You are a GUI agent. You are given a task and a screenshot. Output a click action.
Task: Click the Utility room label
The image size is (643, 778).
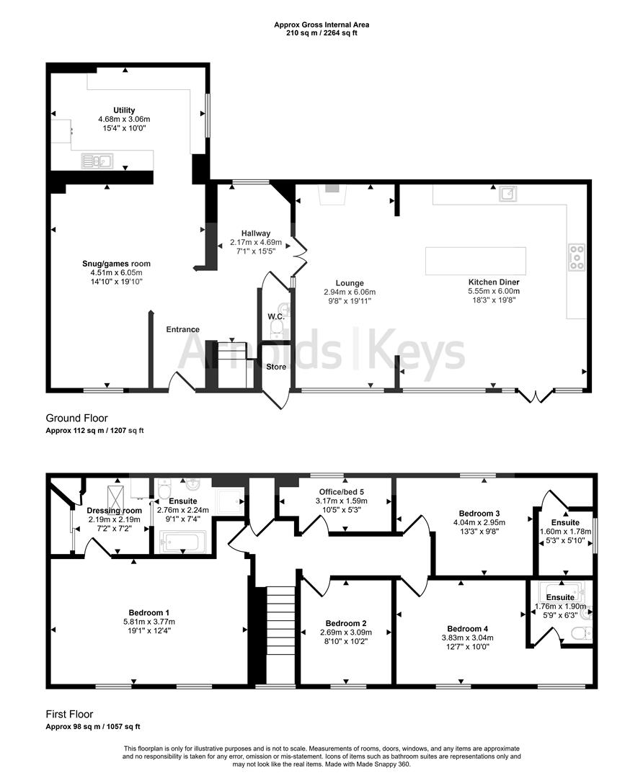click(124, 110)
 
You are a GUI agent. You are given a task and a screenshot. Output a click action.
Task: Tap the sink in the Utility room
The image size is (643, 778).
click(95, 161)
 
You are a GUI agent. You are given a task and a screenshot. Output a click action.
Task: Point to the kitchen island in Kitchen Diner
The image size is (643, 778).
click(475, 261)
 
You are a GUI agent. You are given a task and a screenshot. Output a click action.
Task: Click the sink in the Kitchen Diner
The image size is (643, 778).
click(510, 193)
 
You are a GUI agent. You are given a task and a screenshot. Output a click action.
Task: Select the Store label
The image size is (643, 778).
click(276, 367)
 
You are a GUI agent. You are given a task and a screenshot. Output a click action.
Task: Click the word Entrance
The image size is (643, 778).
click(183, 329)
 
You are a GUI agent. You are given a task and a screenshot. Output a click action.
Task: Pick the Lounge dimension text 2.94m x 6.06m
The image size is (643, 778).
click(350, 292)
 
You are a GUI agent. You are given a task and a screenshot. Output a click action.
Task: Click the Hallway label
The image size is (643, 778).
click(256, 233)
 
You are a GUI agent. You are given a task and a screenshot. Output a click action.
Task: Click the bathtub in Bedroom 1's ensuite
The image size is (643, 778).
click(182, 541)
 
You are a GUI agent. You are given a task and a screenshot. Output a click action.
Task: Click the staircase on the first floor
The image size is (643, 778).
click(280, 634)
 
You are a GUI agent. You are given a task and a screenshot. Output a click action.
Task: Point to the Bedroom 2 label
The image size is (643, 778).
click(346, 623)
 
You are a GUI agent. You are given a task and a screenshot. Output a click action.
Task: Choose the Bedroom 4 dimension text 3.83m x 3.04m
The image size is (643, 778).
click(467, 638)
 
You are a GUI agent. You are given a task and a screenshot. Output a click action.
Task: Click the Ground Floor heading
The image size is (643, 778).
click(77, 418)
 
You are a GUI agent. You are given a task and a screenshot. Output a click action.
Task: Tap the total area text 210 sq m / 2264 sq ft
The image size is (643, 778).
click(321, 33)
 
